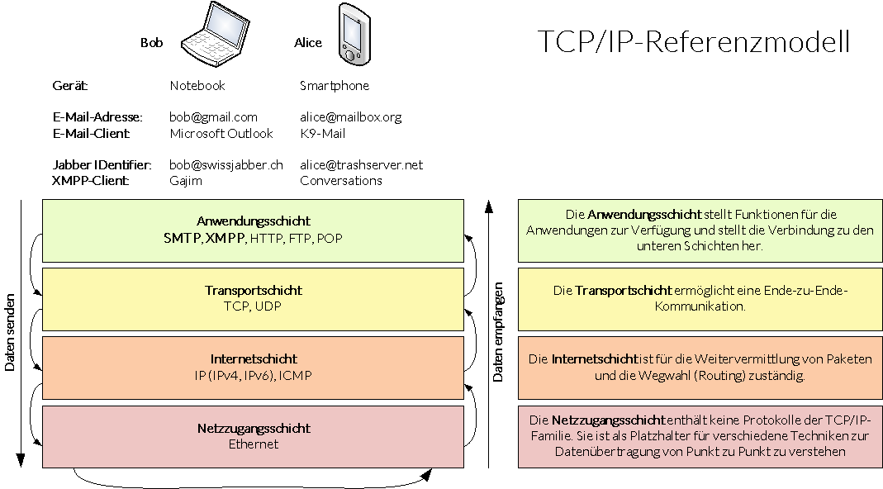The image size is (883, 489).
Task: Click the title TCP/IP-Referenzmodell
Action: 693,42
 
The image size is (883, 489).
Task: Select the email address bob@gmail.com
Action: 213,117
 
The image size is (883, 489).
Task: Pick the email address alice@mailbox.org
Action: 350,117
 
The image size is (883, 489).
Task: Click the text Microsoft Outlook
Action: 221,133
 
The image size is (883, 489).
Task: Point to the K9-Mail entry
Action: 322,133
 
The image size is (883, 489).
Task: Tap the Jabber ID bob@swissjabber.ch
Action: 225,164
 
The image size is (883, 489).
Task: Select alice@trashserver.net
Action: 361,164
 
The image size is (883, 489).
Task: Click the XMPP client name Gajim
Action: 185,180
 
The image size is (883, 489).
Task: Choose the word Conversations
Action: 340,180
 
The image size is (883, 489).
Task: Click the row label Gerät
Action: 69,86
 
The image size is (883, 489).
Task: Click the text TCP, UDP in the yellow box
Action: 253,306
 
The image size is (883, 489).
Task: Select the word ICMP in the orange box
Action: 296,376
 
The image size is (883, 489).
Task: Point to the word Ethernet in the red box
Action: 253,444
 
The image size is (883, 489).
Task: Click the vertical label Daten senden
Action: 11,332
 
